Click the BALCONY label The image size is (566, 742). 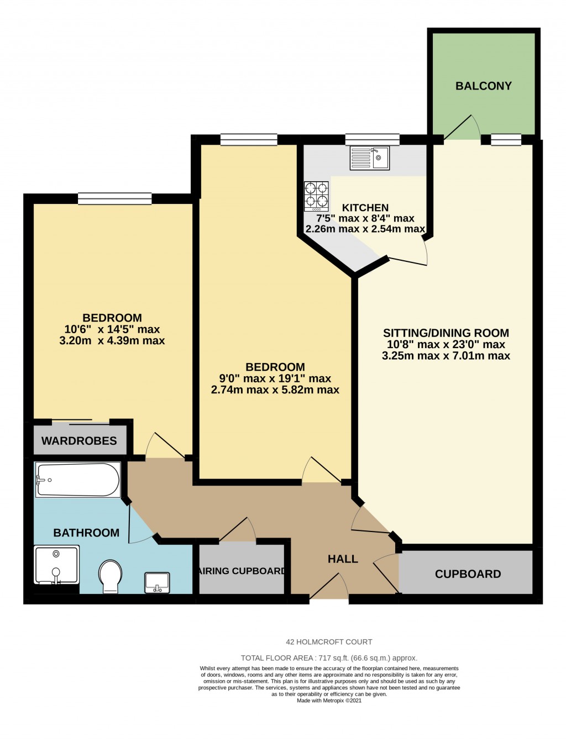tap(483, 86)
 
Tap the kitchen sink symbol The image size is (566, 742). tap(370, 157)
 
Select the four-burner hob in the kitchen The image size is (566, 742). tap(316, 196)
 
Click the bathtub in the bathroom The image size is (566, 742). tap(77, 480)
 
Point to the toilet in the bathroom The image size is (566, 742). tap(111, 576)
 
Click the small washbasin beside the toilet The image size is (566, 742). tap(157, 582)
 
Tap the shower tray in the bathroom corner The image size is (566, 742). tap(56, 565)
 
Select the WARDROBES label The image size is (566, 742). tap(79, 440)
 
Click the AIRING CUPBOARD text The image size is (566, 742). tap(242, 571)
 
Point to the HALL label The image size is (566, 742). tap(343, 559)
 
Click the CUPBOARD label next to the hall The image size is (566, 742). tap(468, 573)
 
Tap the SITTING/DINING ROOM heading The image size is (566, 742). tap(446, 333)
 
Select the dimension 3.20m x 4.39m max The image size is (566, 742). tap(112, 341)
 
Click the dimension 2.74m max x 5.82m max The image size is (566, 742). tap(275, 390)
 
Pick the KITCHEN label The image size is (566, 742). tap(365, 208)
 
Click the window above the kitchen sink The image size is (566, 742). tap(372, 139)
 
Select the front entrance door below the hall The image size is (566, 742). tap(329, 587)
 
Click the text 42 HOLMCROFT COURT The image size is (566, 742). tap(329, 642)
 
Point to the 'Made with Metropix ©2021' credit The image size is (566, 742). tap(329, 701)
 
